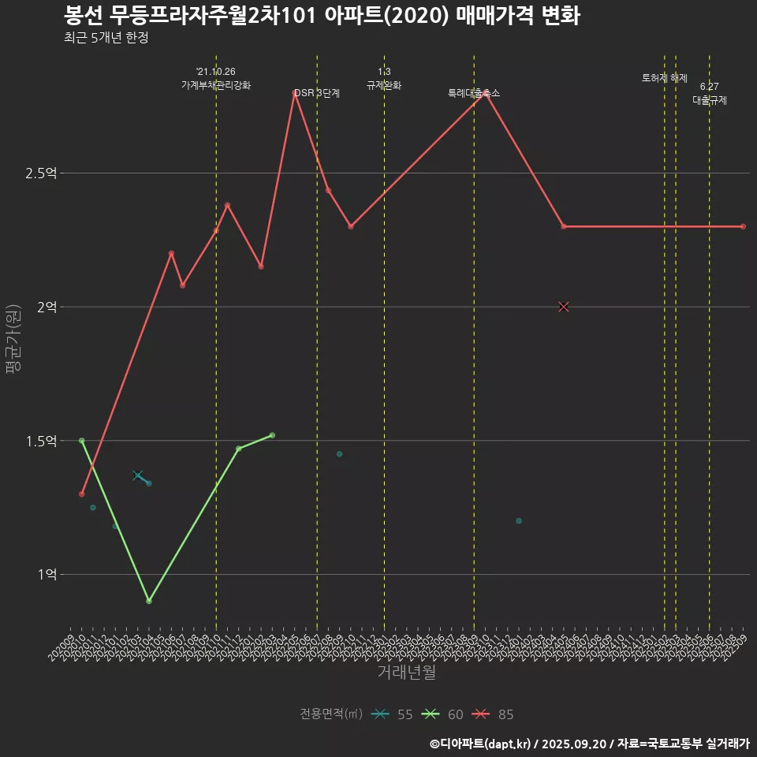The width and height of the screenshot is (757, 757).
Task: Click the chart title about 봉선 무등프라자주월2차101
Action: [322, 16]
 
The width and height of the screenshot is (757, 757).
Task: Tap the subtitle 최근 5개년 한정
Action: [106, 38]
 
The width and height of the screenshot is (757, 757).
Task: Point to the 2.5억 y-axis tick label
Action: [41, 173]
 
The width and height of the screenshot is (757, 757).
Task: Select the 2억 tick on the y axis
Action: [46, 307]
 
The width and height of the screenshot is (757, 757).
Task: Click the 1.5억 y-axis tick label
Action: [41, 441]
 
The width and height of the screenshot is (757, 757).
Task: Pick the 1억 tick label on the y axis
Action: [46, 575]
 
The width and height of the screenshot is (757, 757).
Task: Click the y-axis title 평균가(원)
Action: [13, 339]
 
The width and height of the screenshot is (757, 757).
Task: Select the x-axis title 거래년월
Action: [406, 673]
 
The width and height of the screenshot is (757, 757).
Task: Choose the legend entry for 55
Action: [393, 714]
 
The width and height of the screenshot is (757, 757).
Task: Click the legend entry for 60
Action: [443, 714]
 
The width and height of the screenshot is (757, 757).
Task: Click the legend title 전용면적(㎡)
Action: [331, 714]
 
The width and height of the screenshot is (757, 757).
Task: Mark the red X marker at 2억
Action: [564, 307]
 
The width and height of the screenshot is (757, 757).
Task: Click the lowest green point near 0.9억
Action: [149, 601]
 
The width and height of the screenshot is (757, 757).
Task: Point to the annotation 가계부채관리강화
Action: [216, 85]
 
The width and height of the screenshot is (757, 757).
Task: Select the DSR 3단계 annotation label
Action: [317, 93]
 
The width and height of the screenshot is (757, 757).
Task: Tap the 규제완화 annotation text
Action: [384, 85]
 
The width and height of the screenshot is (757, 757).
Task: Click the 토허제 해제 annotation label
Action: [665, 78]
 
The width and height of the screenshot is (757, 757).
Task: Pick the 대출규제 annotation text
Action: [710, 100]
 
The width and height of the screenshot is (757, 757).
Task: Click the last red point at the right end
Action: [743, 226]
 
